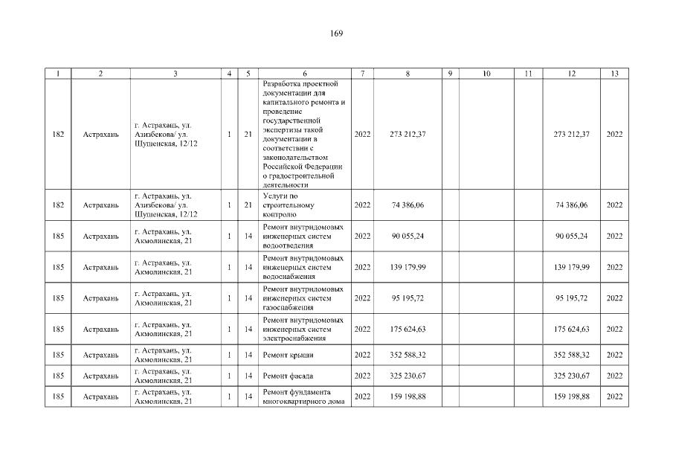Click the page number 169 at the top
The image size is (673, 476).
click(336, 33)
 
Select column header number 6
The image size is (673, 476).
click(305, 74)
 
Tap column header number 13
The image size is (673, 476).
click(614, 74)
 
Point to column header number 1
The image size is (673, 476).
click(58, 74)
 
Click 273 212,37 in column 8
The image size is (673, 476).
click(407, 134)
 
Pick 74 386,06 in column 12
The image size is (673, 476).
click(571, 205)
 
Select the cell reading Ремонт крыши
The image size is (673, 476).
click(288, 356)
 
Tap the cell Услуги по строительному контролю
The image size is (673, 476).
click(289, 205)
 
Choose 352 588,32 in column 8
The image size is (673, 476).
click(407, 356)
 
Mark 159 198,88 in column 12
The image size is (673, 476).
click(571, 396)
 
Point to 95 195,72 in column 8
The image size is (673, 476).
click(407, 298)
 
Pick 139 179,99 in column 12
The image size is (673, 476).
click(571, 267)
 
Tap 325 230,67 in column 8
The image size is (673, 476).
click(407, 376)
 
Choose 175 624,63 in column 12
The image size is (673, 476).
click(571, 329)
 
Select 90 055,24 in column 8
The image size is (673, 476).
click(407, 236)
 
